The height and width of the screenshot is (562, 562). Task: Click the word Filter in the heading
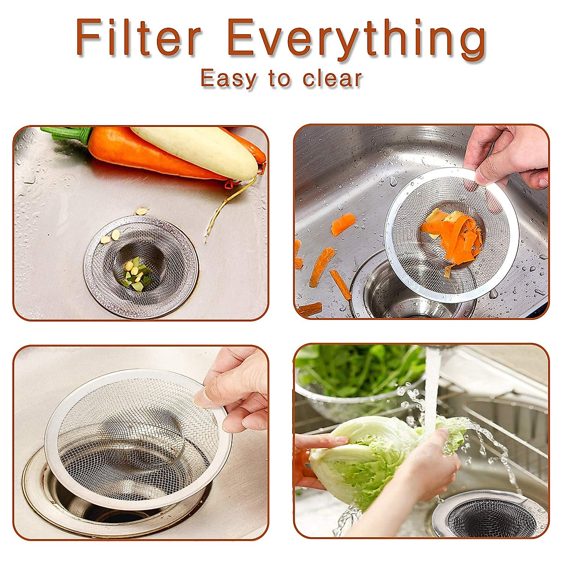pyautogui.click(x=139, y=38)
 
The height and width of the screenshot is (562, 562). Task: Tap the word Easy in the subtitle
pyautogui.click(x=229, y=79)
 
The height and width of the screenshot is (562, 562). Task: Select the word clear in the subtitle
pyautogui.click(x=333, y=79)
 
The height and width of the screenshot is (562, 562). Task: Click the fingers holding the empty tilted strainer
pyautogui.click(x=234, y=393)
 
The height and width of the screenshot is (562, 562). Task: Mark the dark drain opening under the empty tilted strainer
pyautogui.click(x=112, y=510)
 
